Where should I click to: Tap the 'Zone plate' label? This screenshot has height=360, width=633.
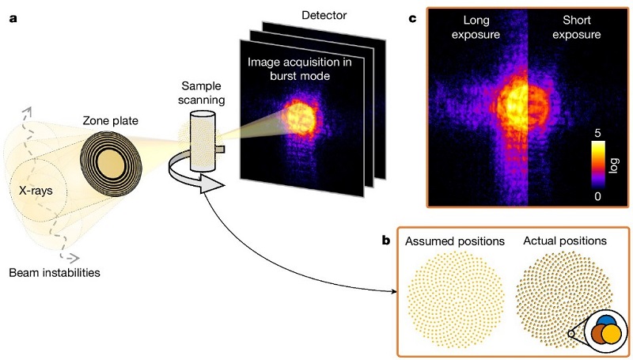pyautogui.click(x=110, y=122)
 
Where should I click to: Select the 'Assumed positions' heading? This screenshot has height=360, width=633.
pyautogui.click(x=454, y=240)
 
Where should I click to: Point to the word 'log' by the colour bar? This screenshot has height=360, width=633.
pyautogui.click(x=614, y=165)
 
